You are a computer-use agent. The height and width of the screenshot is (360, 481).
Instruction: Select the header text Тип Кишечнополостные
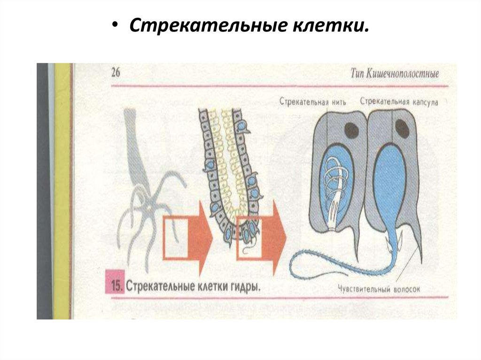click(x=395, y=74)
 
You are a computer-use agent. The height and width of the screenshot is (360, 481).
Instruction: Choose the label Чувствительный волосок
click(x=377, y=289)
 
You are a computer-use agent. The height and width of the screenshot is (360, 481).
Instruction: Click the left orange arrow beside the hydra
click(x=188, y=237)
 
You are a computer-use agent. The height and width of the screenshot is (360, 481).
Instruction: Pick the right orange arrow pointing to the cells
click(x=263, y=237)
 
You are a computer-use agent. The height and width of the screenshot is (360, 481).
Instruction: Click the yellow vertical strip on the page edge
click(x=62, y=188)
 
